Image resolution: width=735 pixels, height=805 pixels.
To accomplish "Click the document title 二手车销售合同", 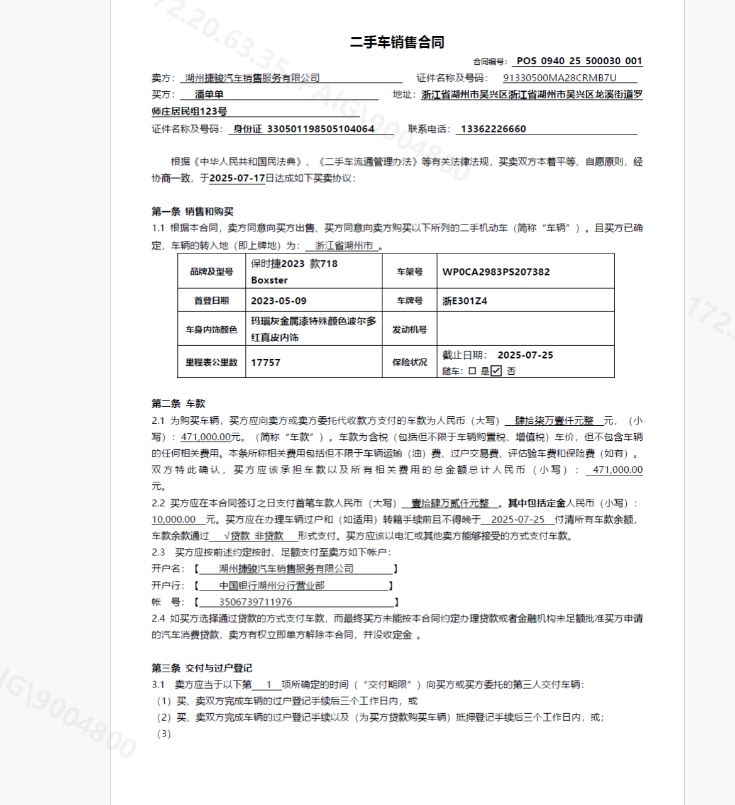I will pyautogui.click(x=397, y=42).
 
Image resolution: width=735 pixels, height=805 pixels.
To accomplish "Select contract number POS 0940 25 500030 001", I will pyautogui.click(x=579, y=61).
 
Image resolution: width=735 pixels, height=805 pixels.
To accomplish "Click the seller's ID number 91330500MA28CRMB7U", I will pyautogui.click(x=560, y=78).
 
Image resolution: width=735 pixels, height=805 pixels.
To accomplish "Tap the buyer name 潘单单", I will pyautogui.click(x=209, y=94).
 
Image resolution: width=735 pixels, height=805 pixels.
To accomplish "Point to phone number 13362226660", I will pyautogui.click(x=493, y=129).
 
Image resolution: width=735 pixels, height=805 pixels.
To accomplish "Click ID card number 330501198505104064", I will pyautogui.click(x=321, y=129).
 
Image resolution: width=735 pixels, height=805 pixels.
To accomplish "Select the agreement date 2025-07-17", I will pyautogui.click(x=237, y=178).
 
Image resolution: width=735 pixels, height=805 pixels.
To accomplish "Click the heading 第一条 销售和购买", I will pyautogui.click(x=192, y=211).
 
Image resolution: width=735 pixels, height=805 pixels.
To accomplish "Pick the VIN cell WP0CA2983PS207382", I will pyautogui.click(x=496, y=272).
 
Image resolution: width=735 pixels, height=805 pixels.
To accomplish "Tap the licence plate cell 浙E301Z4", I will pyautogui.click(x=465, y=301).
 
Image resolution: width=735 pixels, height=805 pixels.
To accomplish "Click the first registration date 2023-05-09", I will pyautogui.click(x=279, y=301).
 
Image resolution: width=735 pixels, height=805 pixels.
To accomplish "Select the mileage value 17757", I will pyautogui.click(x=265, y=362).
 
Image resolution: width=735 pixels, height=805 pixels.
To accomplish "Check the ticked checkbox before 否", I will pyautogui.click(x=496, y=371).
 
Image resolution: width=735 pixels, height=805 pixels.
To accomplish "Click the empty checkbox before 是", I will pyautogui.click(x=472, y=371).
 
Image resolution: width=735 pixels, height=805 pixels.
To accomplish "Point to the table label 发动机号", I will pyautogui.click(x=409, y=330).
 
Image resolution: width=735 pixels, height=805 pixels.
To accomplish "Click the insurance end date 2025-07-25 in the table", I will pyautogui.click(x=525, y=355).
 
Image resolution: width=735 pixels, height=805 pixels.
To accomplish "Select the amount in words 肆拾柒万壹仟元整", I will pyautogui.click(x=554, y=421).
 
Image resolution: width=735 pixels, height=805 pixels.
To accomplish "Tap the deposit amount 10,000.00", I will pyautogui.click(x=174, y=519).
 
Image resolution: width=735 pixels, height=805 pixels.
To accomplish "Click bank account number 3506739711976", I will pyautogui.click(x=255, y=602).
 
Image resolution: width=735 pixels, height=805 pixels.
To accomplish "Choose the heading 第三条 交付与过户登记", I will pyautogui.click(x=202, y=668).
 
